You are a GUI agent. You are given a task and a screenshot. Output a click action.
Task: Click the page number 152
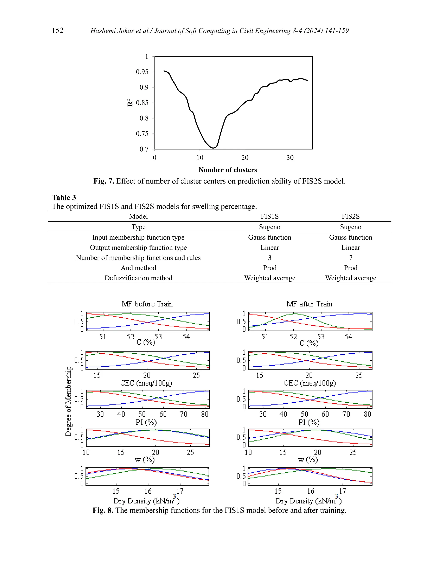click(57, 30)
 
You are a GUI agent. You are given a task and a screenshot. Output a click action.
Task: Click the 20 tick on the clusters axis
click(245, 158)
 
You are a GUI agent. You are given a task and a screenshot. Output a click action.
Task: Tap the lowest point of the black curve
click(213, 148)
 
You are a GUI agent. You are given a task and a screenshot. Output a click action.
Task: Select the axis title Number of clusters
click(228, 170)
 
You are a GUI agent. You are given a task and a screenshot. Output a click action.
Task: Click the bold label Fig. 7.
click(104, 181)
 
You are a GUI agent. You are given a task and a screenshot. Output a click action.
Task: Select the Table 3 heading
click(64, 197)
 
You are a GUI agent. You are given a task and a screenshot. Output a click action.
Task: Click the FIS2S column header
click(350, 216)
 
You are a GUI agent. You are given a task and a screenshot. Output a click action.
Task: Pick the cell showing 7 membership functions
click(350, 258)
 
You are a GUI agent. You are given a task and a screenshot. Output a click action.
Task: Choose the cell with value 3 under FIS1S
click(270, 258)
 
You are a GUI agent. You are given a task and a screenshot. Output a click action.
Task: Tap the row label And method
click(138, 268)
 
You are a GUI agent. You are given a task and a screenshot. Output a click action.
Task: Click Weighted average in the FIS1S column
click(270, 278)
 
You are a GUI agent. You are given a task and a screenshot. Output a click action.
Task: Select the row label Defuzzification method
click(138, 278)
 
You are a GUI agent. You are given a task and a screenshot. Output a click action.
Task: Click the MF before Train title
click(147, 304)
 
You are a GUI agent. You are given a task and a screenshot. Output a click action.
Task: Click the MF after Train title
click(309, 304)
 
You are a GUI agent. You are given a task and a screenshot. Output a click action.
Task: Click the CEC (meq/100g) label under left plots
click(146, 383)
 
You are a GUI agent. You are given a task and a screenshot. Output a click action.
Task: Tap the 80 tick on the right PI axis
click(367, 414)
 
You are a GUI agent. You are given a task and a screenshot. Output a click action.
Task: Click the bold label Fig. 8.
click(103, 510)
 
